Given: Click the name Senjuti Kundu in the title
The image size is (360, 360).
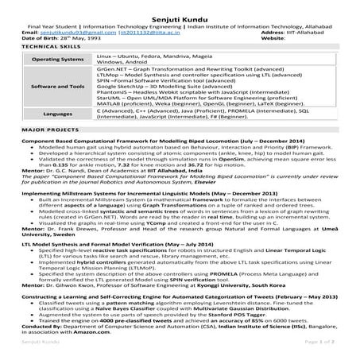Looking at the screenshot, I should tap(180, 7).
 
